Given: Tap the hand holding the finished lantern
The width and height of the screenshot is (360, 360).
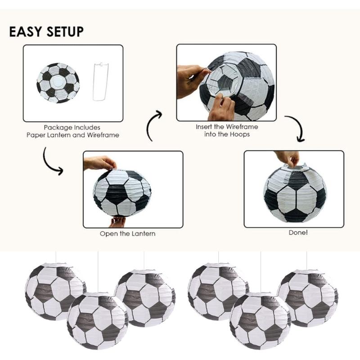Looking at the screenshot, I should pos(288,157).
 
